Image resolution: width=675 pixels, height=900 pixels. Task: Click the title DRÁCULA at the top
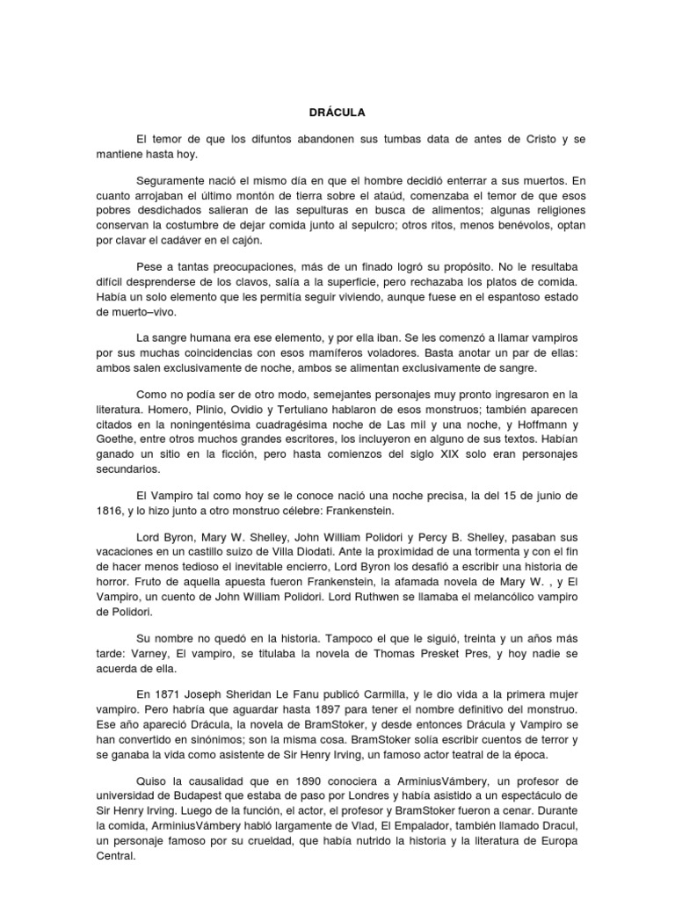click(337, 112)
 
